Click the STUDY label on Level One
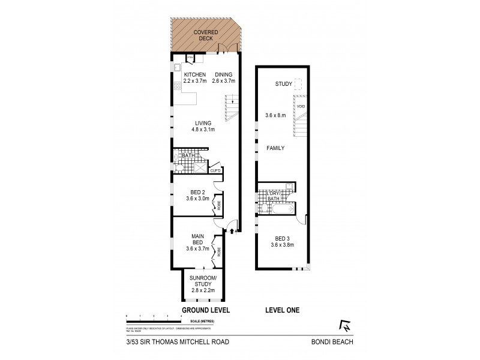tap(283, 84)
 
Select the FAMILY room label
tap(276, 148)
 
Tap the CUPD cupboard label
tap(215, 170)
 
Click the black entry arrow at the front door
tap(232, 230)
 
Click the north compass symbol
tap(345, 327)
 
